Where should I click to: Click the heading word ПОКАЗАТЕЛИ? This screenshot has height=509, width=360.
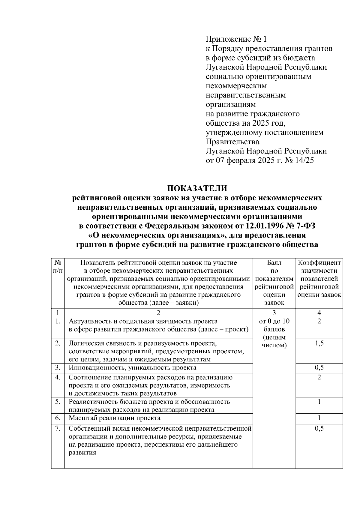(197, 188)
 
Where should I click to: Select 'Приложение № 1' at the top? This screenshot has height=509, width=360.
(236, 39)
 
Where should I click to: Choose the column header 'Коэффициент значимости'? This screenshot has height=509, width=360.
(319, 267)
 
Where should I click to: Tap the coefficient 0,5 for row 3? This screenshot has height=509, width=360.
(319, 367)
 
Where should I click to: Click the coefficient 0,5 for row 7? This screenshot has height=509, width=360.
(319, 428)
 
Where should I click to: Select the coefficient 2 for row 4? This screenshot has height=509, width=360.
(319, 377)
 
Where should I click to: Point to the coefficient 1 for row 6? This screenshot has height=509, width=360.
(319, 418)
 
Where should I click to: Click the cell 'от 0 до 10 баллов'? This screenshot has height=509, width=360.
(274, 325)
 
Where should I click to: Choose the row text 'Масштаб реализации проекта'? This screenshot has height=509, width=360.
(115, 418)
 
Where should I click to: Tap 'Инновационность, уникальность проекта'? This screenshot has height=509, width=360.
(133, 367)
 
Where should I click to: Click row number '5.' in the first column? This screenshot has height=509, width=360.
(58, 401)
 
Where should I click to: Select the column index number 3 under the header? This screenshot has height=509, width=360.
(274, 313)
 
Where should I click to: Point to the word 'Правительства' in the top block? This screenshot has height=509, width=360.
(232, 141)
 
